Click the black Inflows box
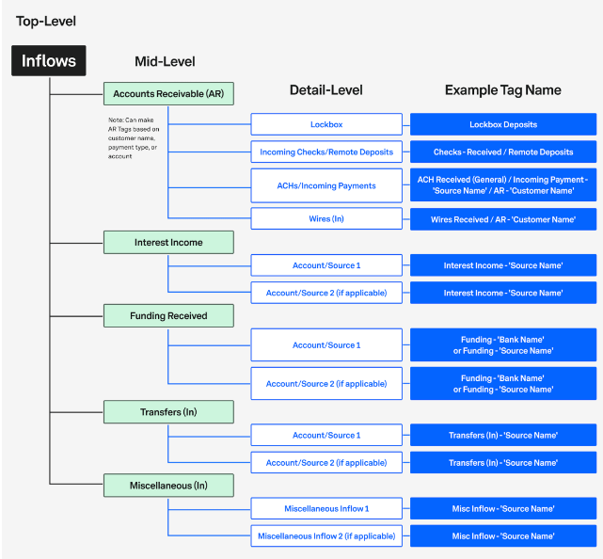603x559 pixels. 49,61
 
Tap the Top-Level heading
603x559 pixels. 46,21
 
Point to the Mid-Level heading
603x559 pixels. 165,62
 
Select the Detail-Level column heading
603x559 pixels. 325,90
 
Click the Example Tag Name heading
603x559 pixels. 502,90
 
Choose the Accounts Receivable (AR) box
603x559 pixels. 168,93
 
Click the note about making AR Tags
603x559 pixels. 135,136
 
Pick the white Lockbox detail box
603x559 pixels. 326,124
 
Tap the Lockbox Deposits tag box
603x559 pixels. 502,124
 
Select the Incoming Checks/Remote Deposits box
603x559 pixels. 326,152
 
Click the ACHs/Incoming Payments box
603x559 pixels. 326,185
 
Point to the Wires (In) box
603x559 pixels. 326,219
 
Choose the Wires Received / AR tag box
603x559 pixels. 502,219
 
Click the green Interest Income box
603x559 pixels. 168,242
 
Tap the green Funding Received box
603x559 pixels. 168,315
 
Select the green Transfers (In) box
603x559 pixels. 168,412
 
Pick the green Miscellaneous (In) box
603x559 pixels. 168,486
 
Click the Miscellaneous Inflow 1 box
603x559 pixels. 326,509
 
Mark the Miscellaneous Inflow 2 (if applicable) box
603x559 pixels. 326,536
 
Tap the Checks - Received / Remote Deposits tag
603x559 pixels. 502,152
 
